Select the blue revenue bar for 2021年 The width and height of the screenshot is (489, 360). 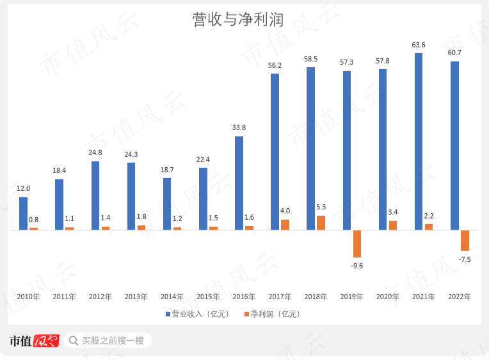point(419,141)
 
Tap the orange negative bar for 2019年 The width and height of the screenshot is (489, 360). point(357,243)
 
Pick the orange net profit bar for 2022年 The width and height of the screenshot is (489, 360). point(465,240)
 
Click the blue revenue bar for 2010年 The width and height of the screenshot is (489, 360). point(23,213)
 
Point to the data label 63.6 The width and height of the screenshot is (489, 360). point(419,45)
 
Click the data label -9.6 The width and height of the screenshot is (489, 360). point(357,265)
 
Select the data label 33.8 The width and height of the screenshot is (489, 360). point(239,127)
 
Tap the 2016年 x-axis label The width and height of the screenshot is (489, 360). point(243,297)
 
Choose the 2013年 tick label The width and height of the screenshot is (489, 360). point(136,297)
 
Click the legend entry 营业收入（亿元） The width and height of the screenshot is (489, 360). point(201,315)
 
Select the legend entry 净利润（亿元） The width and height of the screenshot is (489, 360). point(271,315)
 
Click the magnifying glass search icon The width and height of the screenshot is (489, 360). point(73,340)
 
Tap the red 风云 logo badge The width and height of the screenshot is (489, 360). point(46,340)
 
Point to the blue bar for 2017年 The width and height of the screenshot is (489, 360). point(275,151)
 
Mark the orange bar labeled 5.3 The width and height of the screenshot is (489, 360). point(321,222)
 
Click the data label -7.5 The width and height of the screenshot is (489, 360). point(465,259)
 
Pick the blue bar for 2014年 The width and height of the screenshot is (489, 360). point(167,204)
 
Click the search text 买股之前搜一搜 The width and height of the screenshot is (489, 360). point(113,340)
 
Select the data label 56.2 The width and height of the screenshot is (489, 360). point(275,65)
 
